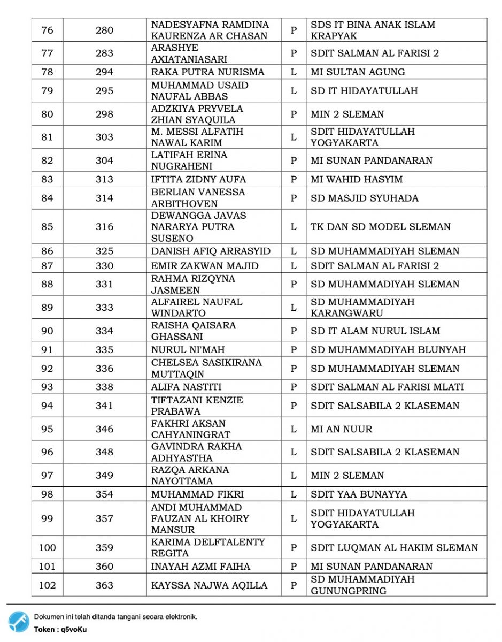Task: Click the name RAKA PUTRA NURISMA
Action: pyautogui.click(x=207, y=72)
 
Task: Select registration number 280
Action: pyautogui.click(x=104, y=30)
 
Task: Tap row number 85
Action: pyautogui.click(x=47, y=226)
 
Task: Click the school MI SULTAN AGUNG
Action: pyautogui.click(x=358, y=72)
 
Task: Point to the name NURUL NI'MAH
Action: pyautogui.click(x=188, y=349)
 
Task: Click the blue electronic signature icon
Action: pyautogui.click(x=19, y=622)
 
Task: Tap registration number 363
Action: pyautogui.click(x=104, y=585)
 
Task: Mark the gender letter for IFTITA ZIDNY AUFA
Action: pyautogui.click(x=294, y=179)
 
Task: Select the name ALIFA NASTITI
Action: pyautogui.click(x=186, y=387)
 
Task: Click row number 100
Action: pyautogui.click(x=47, y=547)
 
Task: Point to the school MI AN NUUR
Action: pyautogui.click(x=342, y=429)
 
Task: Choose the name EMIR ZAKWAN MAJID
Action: pyautogui.click(x=205, y=265)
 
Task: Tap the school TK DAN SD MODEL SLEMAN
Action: pyautogui.click(x=380, y=226)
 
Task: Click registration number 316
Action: pyautogui.click(x=104, y=226)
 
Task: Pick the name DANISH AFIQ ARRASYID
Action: pyautogui.click(x=211, y=251)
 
